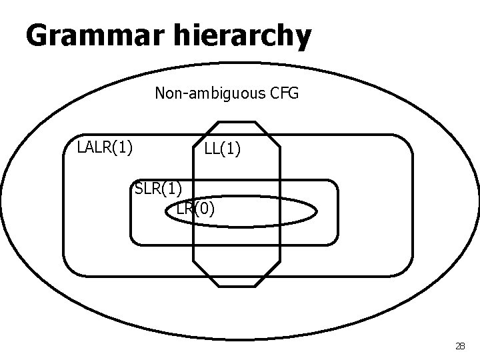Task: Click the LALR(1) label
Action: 105,146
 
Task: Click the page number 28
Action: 459,346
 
